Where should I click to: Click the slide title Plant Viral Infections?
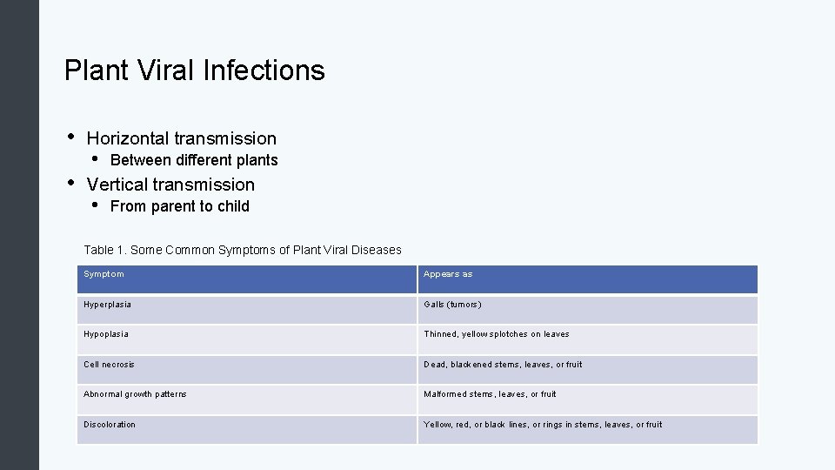pos(194,70)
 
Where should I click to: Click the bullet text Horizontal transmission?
pos(181,138)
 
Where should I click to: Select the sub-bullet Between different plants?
pos(194,160)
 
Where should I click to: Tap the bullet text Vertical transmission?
pos(170,185)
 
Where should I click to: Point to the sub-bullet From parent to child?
pos(179,206)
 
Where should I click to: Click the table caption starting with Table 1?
pos(242,250)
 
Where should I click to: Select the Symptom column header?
pos(104,274)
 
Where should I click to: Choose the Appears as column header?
pos(448,274)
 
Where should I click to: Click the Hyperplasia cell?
pos(108,305)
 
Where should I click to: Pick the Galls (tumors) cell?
pos(452,305)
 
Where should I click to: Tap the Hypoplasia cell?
pos(106,334)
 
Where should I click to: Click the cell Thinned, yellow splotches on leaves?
pos(496,334)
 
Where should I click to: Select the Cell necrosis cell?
pos(109,365)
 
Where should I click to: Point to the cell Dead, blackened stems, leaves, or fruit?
pos(503,365)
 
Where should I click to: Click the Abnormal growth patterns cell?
pos(135,394)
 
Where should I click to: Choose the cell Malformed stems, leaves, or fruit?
pos(490,394)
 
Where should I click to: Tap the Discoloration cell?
pos(110,425)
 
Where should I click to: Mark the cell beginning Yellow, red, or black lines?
pos(543,425)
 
